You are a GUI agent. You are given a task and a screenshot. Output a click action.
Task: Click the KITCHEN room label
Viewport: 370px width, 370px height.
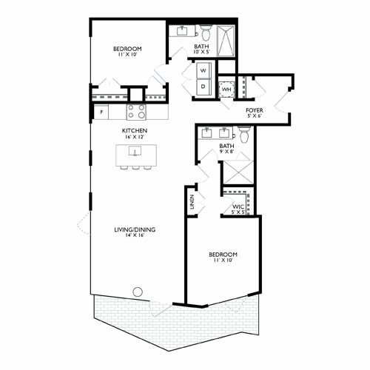pyautogui.click(x=135, y=130)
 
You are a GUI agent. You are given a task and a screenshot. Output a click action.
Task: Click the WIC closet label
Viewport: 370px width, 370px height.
pyautogui.click(x=239, y=206)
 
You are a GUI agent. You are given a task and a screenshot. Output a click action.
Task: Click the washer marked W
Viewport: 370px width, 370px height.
pyautogui.click(x=203, y=71)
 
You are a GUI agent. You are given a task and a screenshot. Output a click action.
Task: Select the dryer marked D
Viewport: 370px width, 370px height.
pyautogui.click(x=203, y=86)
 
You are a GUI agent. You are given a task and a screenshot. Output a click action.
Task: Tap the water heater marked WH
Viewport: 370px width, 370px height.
pyautogui.click(x=227, y=90)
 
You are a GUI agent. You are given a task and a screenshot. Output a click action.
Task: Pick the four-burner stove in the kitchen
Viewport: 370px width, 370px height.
pyautogui.click(x=136, y=112)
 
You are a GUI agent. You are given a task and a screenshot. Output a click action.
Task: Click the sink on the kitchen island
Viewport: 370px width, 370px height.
pyautogui.click(x=135, y=152)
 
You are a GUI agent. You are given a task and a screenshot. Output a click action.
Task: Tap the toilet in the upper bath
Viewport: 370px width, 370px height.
pyautogui.click(x=206, y=32)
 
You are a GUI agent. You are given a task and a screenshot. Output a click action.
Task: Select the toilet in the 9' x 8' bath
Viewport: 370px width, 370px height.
pyautogui.click(x=243, y=135)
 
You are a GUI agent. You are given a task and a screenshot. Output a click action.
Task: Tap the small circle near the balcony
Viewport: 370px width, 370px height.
pyautogui.click(x=136, y=290)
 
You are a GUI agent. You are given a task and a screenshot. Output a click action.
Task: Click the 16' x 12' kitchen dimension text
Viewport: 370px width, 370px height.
pyautogui.click(x=135, y=138)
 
